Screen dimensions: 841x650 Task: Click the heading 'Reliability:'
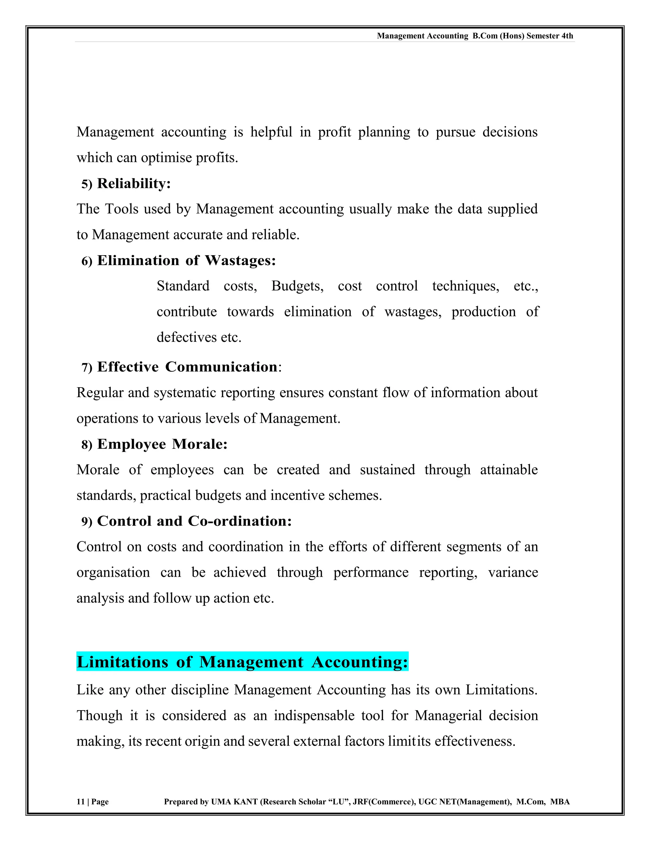click(x=134, y=183)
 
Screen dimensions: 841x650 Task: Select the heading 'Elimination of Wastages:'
click(x=186, y=260)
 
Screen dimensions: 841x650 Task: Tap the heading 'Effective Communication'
click(x=187, y=367)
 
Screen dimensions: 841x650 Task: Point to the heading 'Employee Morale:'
click(x=162, y=444)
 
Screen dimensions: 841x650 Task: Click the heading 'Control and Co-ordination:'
click(x=195, y=521)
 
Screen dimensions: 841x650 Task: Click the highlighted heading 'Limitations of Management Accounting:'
click(x=242, y=662)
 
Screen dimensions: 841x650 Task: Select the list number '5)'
click(x=87, y=184)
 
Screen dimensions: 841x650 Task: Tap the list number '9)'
click(x=87, y=522)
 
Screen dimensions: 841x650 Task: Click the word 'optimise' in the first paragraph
click(x=166, y=157)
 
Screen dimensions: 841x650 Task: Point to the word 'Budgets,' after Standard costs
click(x=297, y=286)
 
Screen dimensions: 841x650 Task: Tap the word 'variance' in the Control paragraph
click(x=513, y=573)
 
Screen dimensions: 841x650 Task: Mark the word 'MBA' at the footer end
click(x=560, y=802)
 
